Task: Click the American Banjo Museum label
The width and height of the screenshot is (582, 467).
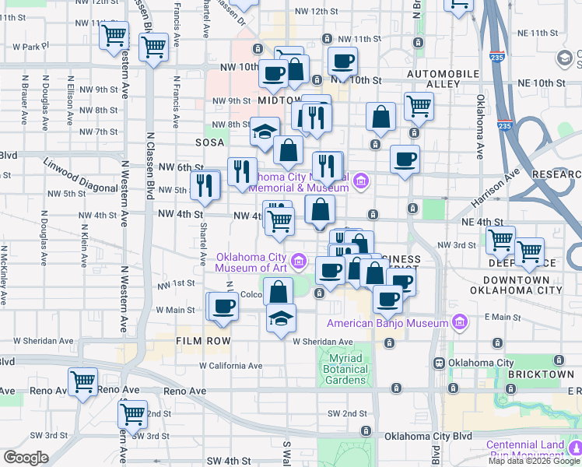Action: coord(387,323)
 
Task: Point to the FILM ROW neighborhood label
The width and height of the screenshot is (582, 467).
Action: coord(203,341)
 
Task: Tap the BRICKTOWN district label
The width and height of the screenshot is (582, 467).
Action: coord(540,374)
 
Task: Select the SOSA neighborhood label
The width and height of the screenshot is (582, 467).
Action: coord(210,142)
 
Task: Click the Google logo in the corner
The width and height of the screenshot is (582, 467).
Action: coord(25,458)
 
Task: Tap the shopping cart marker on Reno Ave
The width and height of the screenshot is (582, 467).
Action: coord(82,381)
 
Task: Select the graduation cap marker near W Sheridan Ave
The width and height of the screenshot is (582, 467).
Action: coord(281,318)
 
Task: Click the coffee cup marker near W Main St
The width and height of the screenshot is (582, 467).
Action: coord(223,306)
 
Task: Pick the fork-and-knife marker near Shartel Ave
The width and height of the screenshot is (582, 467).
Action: coord(206,184)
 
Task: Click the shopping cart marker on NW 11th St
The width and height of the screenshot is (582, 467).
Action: coord(114,34)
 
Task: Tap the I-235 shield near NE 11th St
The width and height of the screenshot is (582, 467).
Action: coord(496,57)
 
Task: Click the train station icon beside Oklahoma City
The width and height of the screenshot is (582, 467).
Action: coord(439,363)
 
